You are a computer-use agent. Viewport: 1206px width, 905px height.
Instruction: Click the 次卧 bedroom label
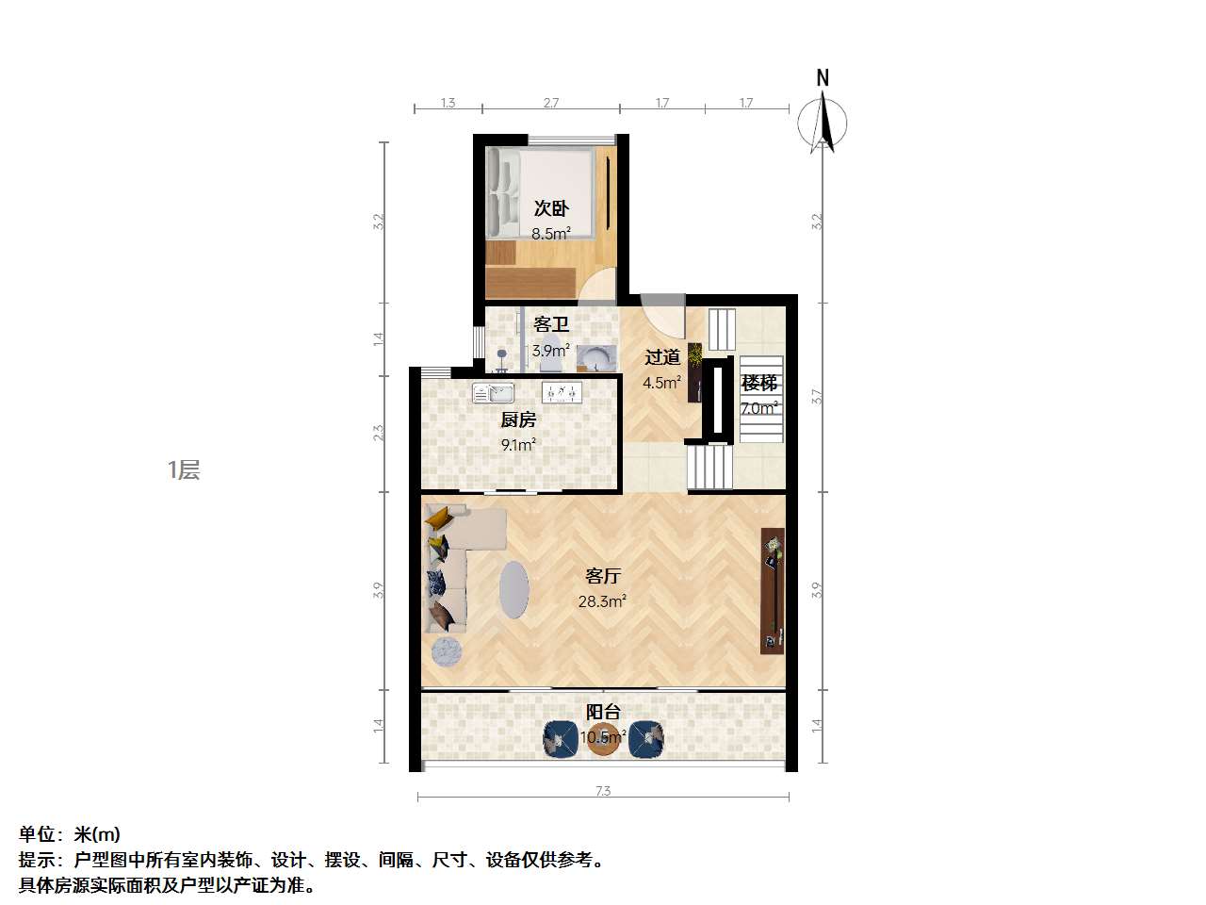click(551, 208)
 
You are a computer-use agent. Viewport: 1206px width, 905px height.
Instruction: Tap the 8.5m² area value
click(550, 234)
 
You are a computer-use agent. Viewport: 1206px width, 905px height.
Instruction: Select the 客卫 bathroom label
click(551, 325)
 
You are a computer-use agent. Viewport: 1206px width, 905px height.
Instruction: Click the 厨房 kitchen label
click(518, 420)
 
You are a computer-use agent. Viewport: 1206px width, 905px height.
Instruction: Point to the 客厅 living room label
click(602, 576)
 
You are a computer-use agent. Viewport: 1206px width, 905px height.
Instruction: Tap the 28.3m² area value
click(602, 601)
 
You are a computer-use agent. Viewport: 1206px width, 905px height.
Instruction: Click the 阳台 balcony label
click(603, 713)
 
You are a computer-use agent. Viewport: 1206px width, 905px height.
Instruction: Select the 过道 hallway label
click(662, 357)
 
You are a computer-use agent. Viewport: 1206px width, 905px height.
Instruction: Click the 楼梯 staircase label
click(759, 384)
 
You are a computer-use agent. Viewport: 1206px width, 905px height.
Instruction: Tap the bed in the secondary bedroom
click(541, 193)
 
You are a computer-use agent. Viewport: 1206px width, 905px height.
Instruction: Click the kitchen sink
click(493, 393)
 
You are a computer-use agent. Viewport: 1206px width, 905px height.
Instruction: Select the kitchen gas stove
click(562, 392)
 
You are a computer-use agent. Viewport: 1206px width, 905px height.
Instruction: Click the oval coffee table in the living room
click(513, 590)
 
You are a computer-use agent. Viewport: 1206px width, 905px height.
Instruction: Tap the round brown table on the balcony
click(604, 739)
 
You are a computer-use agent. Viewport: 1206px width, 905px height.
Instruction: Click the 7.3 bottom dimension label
click(603, 791)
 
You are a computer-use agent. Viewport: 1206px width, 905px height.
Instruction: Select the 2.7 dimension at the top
click(551, 103)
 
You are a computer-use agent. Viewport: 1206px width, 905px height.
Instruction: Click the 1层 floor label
click(184, 469)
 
